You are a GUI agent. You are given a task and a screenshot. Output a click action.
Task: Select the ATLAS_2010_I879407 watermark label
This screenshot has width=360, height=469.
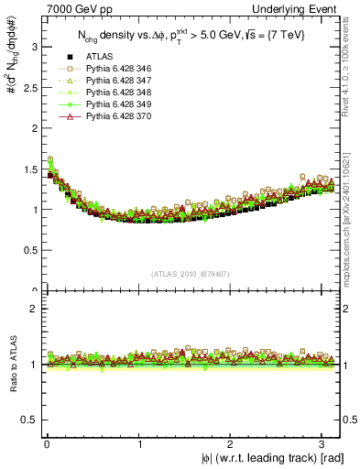pos(190,274)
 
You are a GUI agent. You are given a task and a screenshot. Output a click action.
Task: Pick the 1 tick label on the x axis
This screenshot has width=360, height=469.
pos(138,444)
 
